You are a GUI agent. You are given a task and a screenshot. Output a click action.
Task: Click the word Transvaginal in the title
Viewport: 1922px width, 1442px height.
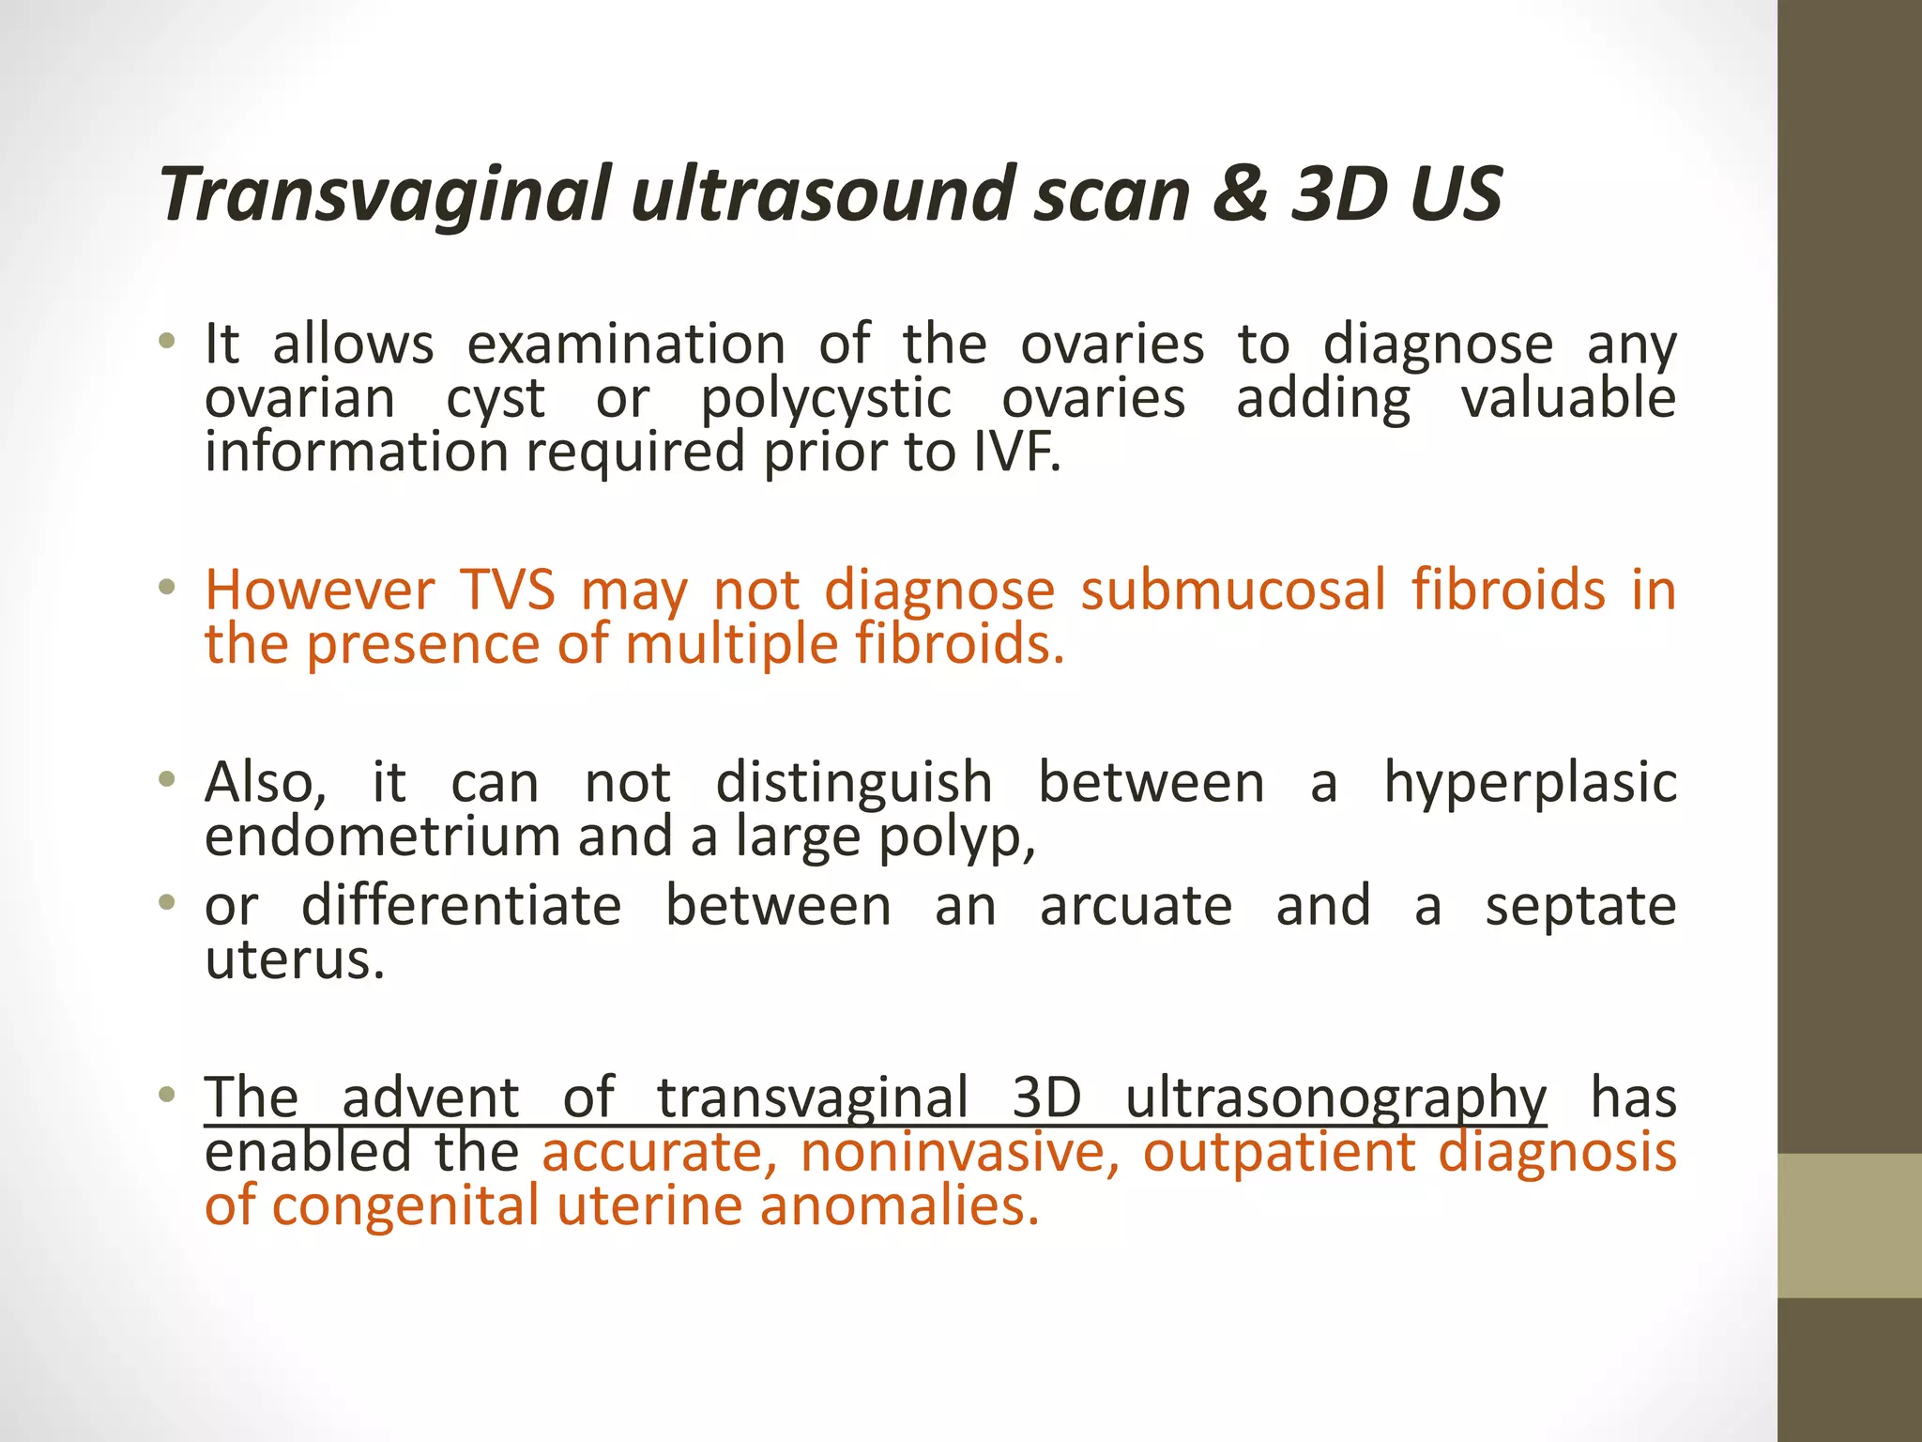click(385, 195)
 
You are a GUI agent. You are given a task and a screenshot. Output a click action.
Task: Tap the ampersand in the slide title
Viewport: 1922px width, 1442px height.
click(1239, 193)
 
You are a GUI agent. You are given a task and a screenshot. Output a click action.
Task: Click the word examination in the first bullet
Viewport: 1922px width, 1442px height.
click(626, 345)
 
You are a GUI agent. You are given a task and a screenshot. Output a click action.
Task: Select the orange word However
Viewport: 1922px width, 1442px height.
click(319, 591)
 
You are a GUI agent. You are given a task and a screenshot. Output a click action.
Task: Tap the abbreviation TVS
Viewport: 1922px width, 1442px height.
click(507, 591)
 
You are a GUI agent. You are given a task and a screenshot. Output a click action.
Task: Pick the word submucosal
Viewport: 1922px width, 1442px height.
click(1232, 591)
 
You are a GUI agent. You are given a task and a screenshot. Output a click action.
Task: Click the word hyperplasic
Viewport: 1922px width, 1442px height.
click(1530, 784)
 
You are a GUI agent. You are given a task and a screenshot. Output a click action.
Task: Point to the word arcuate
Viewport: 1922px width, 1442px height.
click(1136, 907)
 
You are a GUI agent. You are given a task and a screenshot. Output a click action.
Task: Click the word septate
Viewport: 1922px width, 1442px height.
click(1580, 907)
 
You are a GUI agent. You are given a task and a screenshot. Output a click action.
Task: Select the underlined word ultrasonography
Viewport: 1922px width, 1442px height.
click(1335, 1098)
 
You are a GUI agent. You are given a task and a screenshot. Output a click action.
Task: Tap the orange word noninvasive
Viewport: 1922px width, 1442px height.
click(960, 1153)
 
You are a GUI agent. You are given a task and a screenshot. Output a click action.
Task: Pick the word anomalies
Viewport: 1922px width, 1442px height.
click(899, 1206)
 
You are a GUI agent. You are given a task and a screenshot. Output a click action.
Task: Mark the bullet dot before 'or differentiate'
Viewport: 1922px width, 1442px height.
click(167, 904)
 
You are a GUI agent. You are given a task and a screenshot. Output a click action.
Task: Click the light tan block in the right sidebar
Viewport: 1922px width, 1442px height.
click(1849, 1225)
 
